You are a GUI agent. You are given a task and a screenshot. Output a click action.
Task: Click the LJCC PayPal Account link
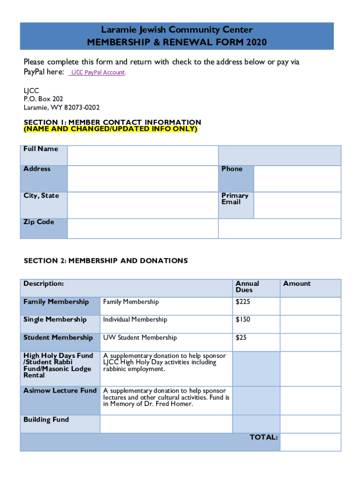pos(98,73)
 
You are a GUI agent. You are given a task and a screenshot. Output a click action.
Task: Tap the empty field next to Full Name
pos(143,155)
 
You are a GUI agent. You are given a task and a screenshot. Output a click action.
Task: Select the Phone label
pos(232,169)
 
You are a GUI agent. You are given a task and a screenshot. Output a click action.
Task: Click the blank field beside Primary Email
pos(297,205)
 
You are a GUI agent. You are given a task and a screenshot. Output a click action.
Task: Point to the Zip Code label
pos(39,222)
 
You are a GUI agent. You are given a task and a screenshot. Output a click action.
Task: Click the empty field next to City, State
pos(143,205)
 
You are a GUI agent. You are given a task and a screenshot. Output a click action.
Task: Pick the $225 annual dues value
pos(243,302)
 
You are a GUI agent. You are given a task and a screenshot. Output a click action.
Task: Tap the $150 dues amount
pos(243,319)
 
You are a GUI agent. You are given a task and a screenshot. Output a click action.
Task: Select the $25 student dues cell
pos(241,337)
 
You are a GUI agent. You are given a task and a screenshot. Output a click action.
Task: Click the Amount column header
pos(296,283)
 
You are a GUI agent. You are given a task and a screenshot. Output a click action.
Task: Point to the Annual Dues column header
pos(247,286)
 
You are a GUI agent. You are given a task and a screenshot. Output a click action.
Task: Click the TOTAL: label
pos(264,437)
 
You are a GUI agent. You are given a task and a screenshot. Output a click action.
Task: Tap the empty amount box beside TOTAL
pos(310,442)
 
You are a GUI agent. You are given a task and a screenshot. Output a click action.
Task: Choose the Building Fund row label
pos(46,420)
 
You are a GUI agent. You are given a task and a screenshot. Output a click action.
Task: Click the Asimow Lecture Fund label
pos(60,390)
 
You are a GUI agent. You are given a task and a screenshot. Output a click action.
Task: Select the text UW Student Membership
pos(140,337)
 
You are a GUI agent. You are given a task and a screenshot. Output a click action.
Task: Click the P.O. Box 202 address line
pos(43,99)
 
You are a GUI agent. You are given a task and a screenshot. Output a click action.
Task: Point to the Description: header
pos(43,283)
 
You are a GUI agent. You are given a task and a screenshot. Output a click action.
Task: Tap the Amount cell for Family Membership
pos(310,306)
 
